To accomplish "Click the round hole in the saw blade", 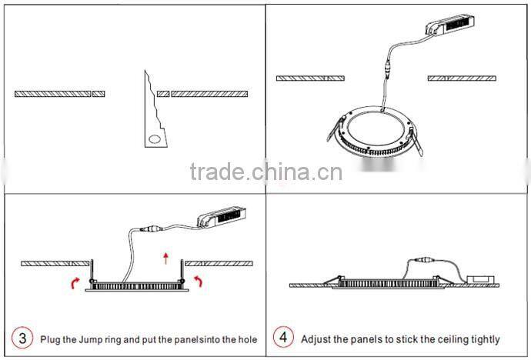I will tap(155, 139).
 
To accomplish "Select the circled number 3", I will tap(22, 338).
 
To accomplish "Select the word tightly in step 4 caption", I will tap(484, 338).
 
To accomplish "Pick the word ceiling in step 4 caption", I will tap(447, 338).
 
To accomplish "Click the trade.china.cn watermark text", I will tap(265, 171).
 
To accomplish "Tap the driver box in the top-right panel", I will tap(451, 25).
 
